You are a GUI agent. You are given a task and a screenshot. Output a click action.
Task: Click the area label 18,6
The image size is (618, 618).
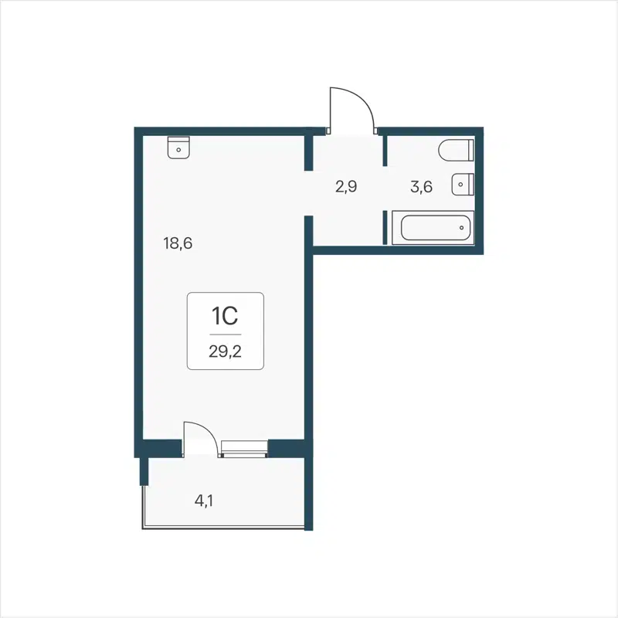177,243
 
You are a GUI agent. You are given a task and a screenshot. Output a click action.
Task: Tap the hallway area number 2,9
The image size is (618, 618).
345,186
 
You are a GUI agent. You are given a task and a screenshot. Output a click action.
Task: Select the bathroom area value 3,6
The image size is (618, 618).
420,186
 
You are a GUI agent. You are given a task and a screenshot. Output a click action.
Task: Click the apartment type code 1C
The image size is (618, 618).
224,315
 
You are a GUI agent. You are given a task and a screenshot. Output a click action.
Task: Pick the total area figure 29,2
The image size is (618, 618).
224,350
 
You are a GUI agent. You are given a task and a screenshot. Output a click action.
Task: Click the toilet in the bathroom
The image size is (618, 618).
455,150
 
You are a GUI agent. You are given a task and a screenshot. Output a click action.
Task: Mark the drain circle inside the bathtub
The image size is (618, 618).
461,227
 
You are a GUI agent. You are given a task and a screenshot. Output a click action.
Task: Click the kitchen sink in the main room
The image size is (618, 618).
178,147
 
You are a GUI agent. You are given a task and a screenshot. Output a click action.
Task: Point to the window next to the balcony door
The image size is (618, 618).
243,448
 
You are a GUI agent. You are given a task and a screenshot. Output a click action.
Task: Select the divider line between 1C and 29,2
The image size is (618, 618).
224,334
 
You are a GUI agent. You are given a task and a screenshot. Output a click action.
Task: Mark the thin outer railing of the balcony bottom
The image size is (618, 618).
224,528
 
